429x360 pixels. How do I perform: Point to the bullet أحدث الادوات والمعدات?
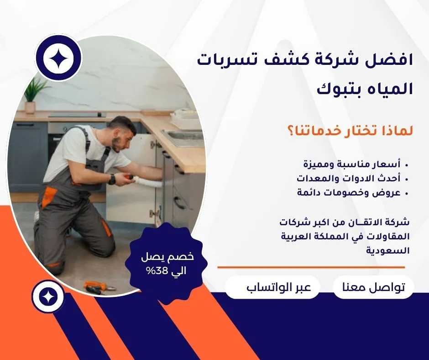(x=349, y=178)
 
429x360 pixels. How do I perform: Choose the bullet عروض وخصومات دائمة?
(x=349, y=192)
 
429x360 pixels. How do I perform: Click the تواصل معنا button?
(x=373, y=287)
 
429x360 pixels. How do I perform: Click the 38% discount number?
(x=155, y=271)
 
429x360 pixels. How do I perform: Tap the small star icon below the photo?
(x=48, y=296)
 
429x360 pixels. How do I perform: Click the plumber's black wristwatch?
(x=112, y=179)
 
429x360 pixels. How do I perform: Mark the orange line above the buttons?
(x=311, y=267)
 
